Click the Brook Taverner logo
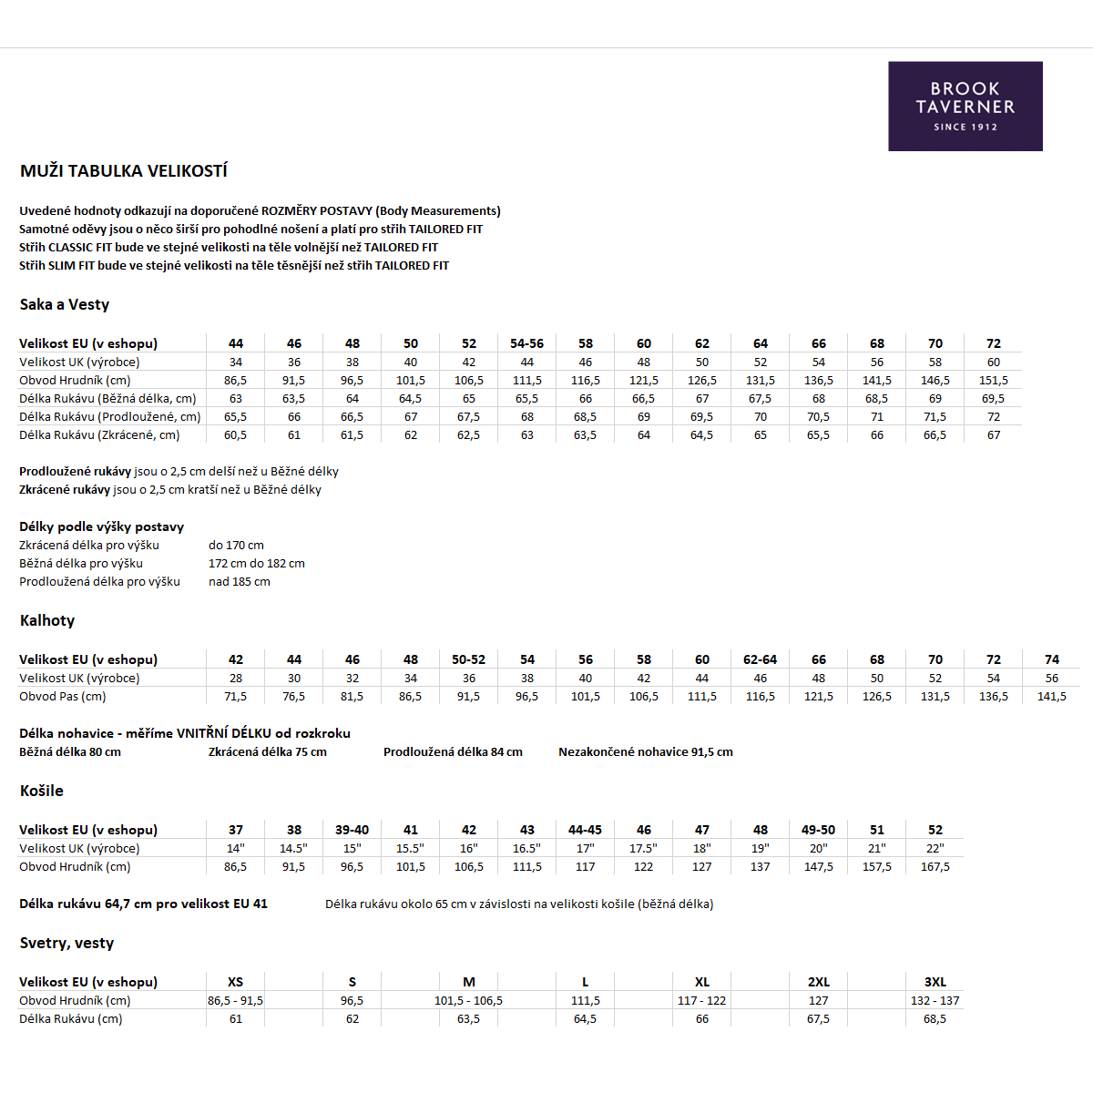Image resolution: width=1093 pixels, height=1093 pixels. [965, 106]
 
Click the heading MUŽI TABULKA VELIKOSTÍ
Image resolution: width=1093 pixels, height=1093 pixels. [124, 171]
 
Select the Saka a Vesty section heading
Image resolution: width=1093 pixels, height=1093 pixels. [65, 305]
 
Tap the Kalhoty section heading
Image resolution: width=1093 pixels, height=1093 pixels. [47, 621]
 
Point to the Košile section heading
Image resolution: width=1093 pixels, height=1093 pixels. [42, 792]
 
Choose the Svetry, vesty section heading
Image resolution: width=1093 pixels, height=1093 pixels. [66, 944]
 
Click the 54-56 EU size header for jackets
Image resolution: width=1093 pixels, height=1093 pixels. [526, 344]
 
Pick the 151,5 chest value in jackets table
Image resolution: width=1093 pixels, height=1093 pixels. [993, 381]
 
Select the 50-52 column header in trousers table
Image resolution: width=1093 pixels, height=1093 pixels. [468, 660]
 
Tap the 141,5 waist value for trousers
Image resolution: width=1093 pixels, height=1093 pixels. [1051, 697]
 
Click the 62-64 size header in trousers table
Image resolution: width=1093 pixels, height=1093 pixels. [760, 660]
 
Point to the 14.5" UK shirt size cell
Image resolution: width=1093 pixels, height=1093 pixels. [293, 849]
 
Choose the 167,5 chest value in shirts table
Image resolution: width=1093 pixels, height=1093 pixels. [935, 867]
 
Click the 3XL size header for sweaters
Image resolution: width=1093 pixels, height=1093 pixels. [935, 983]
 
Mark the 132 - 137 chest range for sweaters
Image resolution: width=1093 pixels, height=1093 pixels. [935, 1001]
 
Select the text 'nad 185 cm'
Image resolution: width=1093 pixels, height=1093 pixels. [240, 582]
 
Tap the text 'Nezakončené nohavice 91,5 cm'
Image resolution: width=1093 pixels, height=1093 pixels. [645, 752]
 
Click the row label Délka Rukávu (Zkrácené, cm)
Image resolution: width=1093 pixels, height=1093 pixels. [99, 435]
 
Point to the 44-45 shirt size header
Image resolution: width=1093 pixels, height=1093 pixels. [585, 831]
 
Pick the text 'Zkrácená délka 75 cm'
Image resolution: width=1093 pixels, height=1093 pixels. [267, 752]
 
